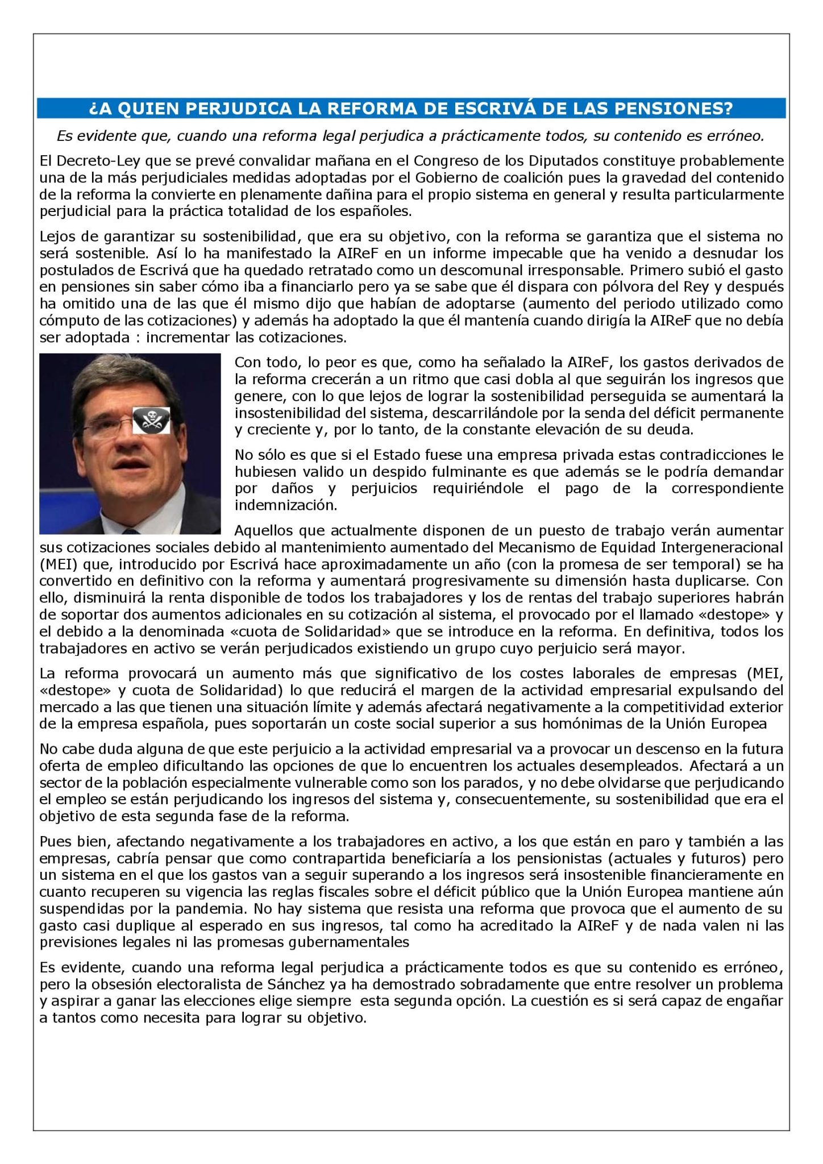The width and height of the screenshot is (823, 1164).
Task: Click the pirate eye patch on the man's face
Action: (147, 421)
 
